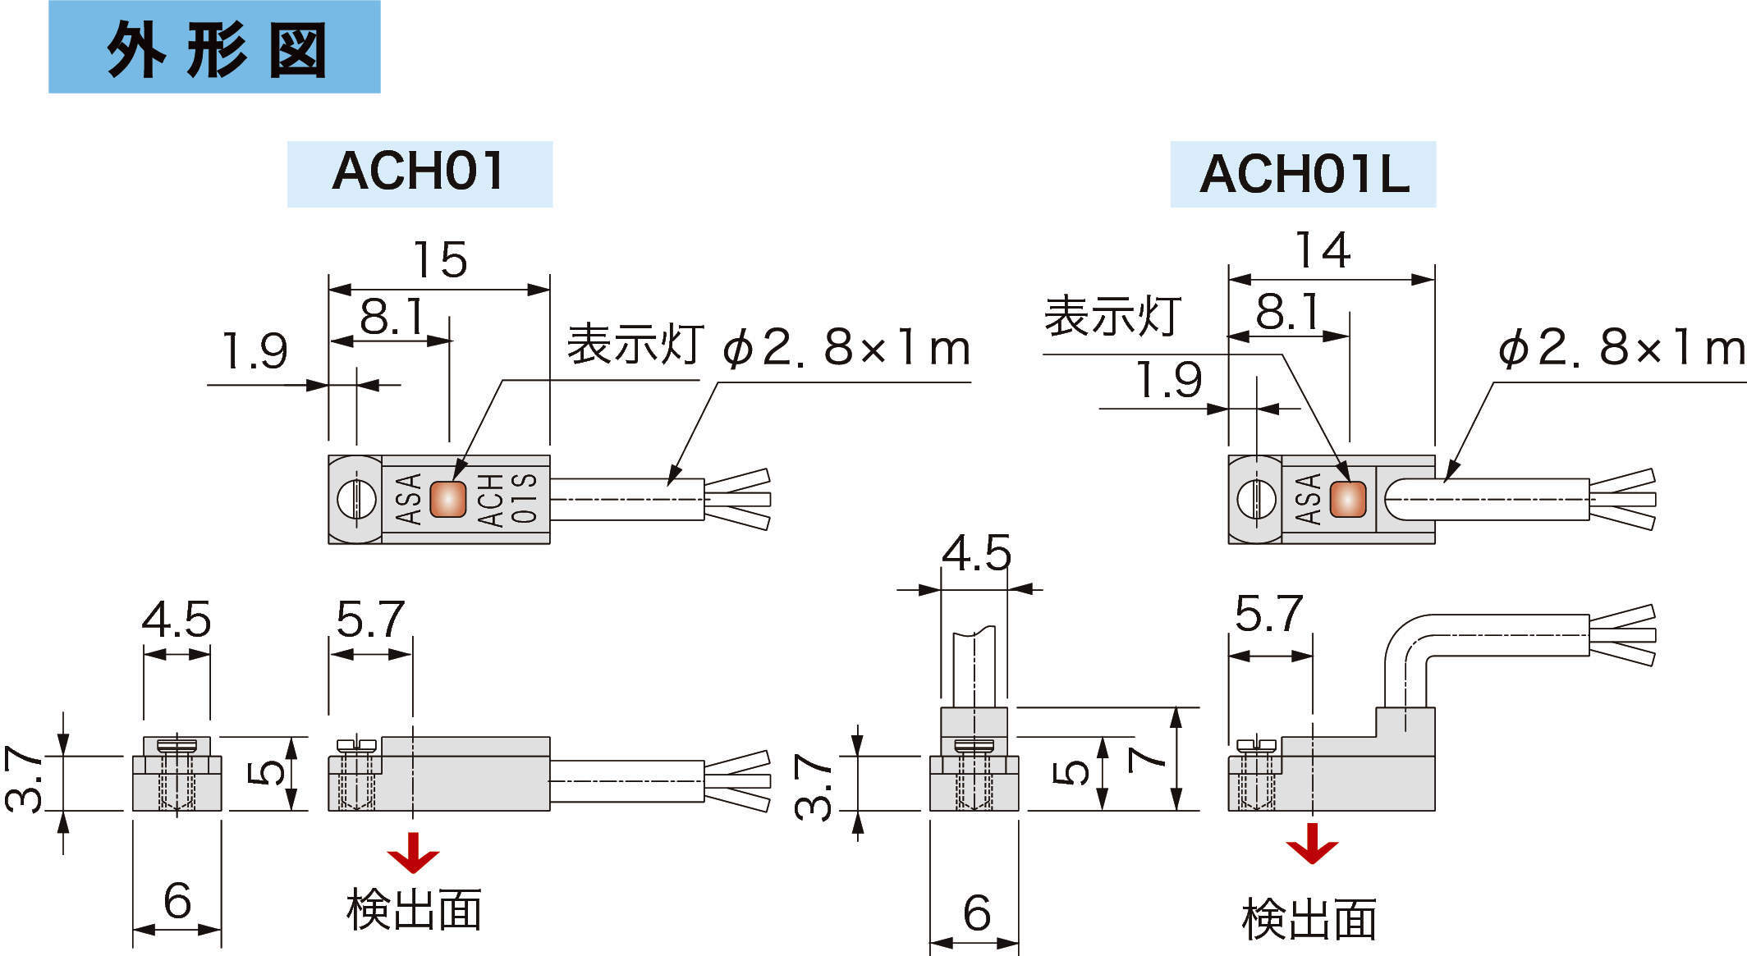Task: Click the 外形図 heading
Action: [215, 49]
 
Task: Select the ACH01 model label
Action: [419, 173]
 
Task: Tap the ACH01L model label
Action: [1303, 175]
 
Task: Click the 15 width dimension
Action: [440, 260]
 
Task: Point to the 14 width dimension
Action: [1323, 250]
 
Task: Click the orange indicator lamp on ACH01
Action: [447, 499]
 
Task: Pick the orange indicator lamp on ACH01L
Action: [1347, 499]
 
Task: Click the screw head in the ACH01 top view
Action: [357, 499]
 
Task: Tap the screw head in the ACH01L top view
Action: [1256, 499]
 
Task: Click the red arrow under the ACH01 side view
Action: [412, 853]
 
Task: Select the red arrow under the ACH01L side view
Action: [1311, 845]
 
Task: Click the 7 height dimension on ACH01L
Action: [1146, 759]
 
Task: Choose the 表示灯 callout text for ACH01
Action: [635, 345]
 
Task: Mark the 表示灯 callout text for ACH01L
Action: [1112, 317]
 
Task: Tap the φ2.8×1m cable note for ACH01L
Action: [1621, 350]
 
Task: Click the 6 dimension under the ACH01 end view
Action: [177, 900]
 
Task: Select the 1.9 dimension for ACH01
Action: [255, 352]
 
